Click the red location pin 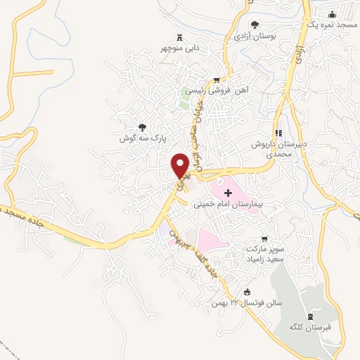181,165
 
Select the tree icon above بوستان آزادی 255,25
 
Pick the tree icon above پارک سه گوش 143,128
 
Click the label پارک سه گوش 141,139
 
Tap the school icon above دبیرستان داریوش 278,133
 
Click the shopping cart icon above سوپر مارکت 264,238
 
